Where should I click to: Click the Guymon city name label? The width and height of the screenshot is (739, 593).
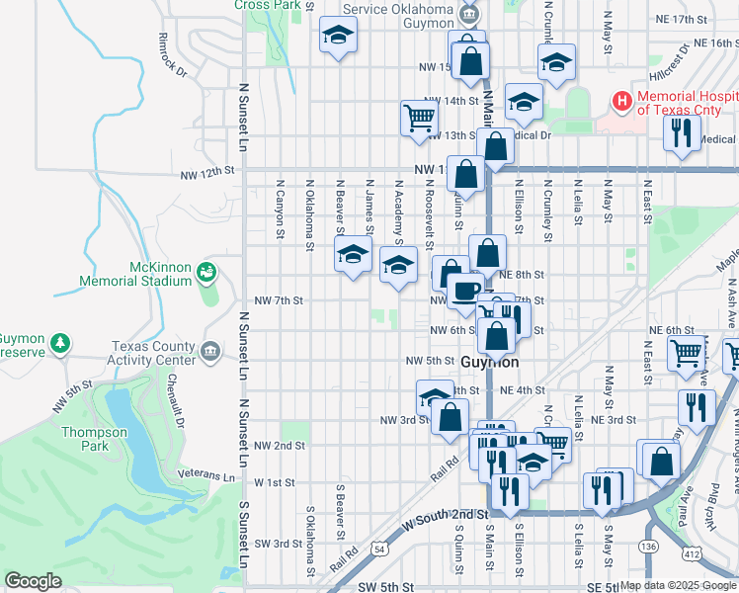click(x=490, y=363)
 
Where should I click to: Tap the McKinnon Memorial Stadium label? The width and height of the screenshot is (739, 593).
click(x=160, y=274)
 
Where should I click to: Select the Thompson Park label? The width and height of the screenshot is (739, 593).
click(x=95, y=439)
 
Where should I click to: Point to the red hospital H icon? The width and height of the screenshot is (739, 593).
click(x=622, y=100)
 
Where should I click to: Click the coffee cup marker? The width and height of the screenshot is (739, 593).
click(x=464, y=291)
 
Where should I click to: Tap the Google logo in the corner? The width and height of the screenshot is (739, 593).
click(x=33, y=581)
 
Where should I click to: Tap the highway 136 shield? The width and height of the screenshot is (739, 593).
click(x=648, y=546)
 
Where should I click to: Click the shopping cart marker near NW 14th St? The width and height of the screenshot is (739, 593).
click(x=419, y=118)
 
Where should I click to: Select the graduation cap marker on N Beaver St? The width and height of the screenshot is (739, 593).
click(x=354, y=254)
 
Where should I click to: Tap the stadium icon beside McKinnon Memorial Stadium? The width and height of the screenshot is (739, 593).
click(x=206, y=271)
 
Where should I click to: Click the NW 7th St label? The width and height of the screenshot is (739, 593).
click(x=279, y=300)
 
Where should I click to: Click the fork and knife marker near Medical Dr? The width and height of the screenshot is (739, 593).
click(x=680, y=133)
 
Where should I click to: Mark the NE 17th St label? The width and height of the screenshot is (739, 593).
click(x=683, y=19)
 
